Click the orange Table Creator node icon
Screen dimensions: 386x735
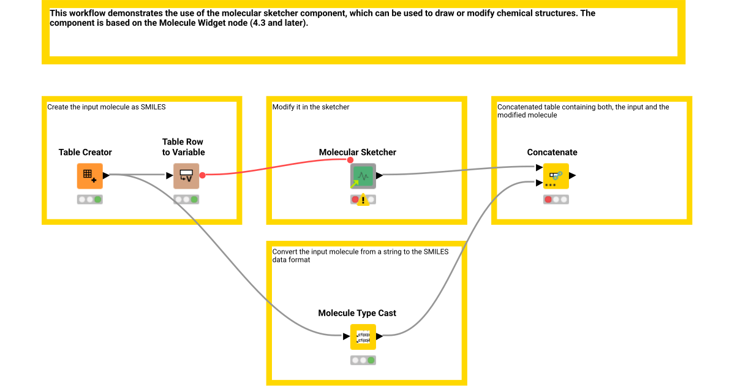(89, 175)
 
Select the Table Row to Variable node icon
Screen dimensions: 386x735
(186, 175)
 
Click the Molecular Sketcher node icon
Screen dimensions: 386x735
(363, 175)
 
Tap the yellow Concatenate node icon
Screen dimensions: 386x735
(556, 175)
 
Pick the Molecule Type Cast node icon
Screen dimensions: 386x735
(363, 336)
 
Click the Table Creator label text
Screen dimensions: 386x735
(85, 152)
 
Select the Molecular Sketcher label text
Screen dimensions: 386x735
(357, 152)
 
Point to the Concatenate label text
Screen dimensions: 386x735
(552, 152)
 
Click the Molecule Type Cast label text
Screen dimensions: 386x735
(357, 313)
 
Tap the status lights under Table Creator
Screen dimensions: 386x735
(89, 199)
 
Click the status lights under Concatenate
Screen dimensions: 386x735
(556, 199)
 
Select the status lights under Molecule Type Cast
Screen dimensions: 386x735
(363, 360)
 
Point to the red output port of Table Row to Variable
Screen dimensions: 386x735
(202, 175)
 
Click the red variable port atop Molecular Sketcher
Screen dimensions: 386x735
(350, 160)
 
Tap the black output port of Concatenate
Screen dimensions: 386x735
(573, 175)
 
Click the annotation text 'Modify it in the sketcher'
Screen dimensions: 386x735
(311, 107)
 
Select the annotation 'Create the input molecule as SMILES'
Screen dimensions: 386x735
(107, 107)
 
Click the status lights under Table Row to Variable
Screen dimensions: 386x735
(186, 199)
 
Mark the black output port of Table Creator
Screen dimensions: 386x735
(106, 175)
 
